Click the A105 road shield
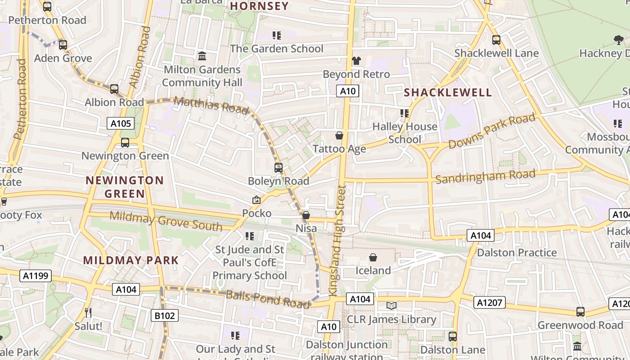(121, 123)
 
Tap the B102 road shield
(164, 315)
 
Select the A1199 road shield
(35, 275)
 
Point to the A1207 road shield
(489, 302)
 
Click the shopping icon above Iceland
(373, 257)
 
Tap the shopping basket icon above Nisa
(306, 216)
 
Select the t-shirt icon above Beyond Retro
(356, 61)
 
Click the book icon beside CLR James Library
(391, 306)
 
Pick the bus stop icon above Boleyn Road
(279, 168)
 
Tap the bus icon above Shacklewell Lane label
(496, 40)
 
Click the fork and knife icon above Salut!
(88, 312)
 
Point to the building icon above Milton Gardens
(202, 56)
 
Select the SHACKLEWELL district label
(448, 93)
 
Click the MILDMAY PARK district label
(131, 260)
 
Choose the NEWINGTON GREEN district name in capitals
(125, 187)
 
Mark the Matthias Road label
(211, 105)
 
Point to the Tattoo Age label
(339, 148)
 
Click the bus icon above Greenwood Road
(580, 312)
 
